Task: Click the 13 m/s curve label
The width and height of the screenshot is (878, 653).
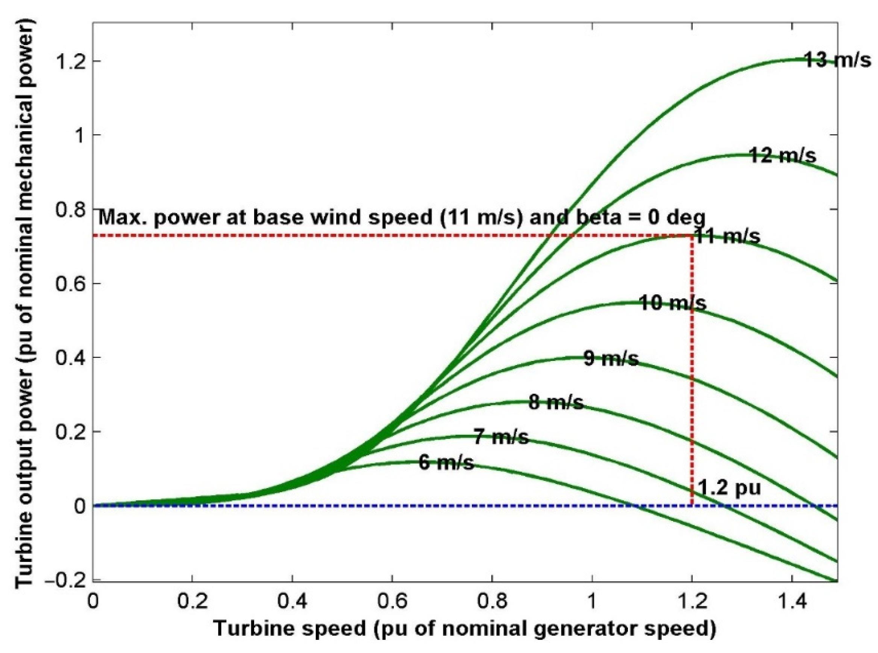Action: (837, 61)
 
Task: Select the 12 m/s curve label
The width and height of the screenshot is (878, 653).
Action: (782, 155)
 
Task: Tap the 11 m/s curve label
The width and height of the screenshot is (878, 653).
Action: (726, 237)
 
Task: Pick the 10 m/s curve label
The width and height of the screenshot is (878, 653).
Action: (672, 303)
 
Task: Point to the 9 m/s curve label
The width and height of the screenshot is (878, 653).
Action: (611, 359)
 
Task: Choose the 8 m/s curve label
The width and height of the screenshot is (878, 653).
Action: (556, 403)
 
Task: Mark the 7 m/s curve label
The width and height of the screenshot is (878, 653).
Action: (501, 437)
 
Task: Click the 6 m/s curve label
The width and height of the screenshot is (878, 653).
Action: (446, 462)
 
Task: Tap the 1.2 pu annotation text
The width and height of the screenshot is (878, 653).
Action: (730, 488)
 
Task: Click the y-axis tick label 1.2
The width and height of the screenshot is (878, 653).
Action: (70, 61)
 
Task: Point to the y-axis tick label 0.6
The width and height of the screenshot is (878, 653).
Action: (70, 284)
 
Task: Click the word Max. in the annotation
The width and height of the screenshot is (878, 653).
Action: (121, 218)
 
